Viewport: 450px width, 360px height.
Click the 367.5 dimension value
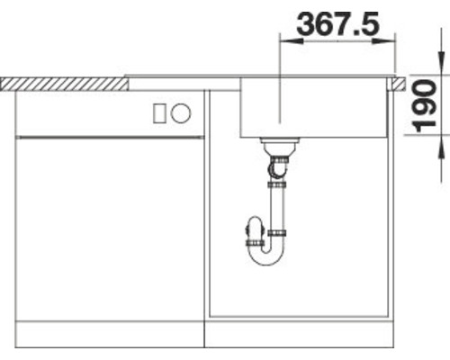pos(338,23)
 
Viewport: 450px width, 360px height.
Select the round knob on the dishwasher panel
pos(181,112)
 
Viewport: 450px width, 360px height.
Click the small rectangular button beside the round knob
pos(162,112)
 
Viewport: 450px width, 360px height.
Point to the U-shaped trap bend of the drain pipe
pos(267,255)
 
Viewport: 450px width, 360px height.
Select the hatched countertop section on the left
pos(63,83)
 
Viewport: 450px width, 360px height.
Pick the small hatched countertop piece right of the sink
pos(395,83)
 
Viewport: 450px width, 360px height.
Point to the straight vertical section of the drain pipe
pos(279,207)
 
